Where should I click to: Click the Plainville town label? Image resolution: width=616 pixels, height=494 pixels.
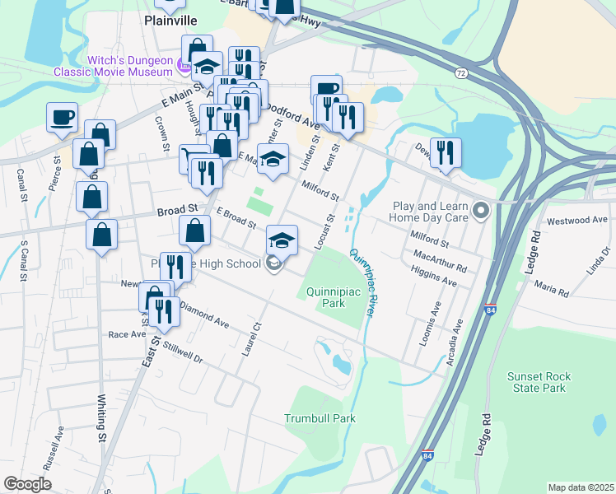click(x=172, y=20)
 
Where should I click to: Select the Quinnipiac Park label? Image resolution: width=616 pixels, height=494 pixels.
click(x=337, y=297)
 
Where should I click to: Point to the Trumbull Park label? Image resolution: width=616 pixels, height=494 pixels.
click(x=320, y=418)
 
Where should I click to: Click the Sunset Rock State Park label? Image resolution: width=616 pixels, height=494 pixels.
click(x=539, y=382)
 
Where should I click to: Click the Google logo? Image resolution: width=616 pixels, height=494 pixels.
click(x=28, y=484)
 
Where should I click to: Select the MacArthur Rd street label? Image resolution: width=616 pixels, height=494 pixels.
click(x=441, y=262)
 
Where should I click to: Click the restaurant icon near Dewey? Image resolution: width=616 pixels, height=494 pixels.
click(x=445, y=152)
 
